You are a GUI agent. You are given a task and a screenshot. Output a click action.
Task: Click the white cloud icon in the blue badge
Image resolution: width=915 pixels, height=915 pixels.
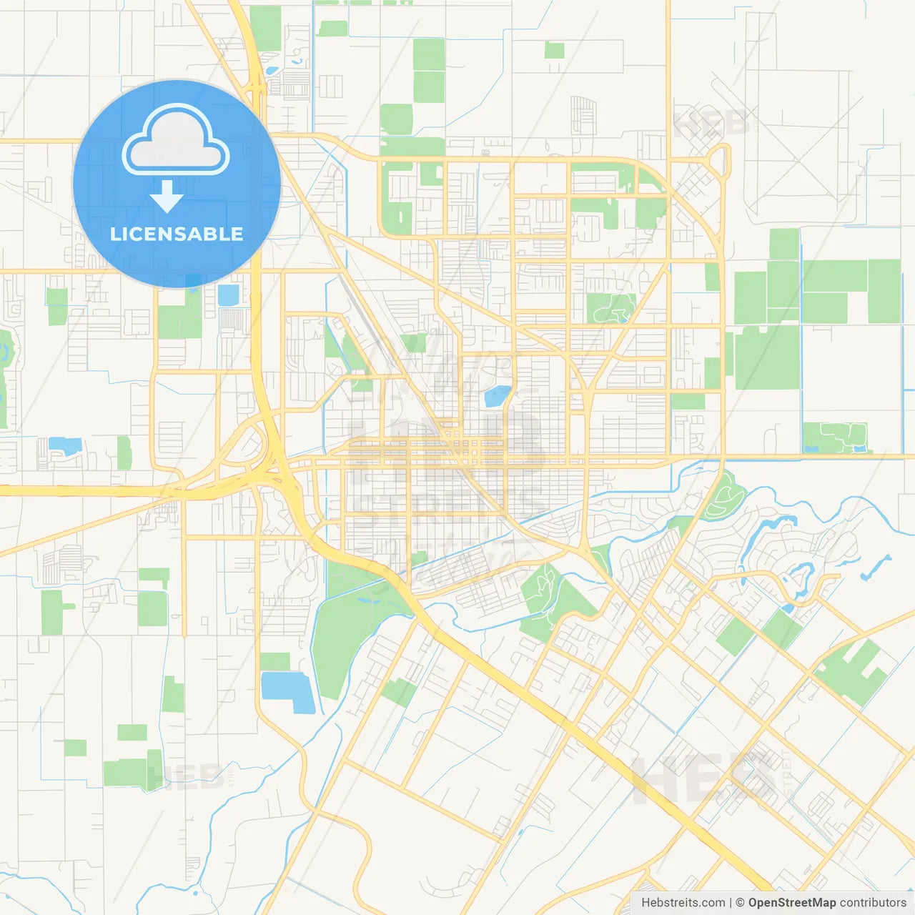click(176, 141)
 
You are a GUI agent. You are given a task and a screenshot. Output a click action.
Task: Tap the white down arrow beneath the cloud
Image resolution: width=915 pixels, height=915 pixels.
click(167, 197)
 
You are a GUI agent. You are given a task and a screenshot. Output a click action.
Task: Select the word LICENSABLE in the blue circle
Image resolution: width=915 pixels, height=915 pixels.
click(177, 234)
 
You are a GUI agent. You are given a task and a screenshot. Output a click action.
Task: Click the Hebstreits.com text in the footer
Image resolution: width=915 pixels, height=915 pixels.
click(683, 903)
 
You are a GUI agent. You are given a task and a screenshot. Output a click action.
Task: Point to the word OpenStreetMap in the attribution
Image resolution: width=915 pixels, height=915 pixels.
click(791, 903)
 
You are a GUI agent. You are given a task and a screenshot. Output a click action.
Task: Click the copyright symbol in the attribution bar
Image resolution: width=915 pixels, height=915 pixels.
click(740, 903)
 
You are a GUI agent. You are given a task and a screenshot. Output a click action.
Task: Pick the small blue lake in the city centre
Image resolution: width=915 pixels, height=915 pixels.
click(498, 395)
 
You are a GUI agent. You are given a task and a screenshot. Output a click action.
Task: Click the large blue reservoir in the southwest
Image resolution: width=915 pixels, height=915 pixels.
click(287, 691)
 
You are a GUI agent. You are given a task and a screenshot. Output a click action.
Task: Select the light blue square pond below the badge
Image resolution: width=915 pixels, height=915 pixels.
click(228, 295)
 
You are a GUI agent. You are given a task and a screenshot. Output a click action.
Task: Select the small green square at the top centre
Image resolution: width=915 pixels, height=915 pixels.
click(554, 50)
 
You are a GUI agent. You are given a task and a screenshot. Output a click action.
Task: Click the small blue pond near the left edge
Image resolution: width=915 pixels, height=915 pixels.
click(65, 446)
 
